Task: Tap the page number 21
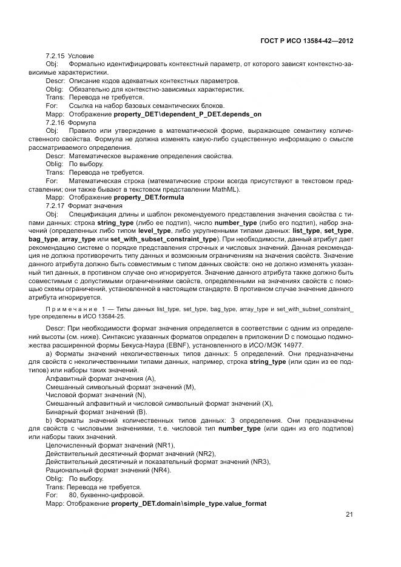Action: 349,515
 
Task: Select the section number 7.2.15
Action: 55,56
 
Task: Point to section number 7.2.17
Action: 55,206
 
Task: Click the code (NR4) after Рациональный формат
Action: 158,470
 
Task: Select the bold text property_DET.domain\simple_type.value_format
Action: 189,503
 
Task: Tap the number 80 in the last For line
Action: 73,495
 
